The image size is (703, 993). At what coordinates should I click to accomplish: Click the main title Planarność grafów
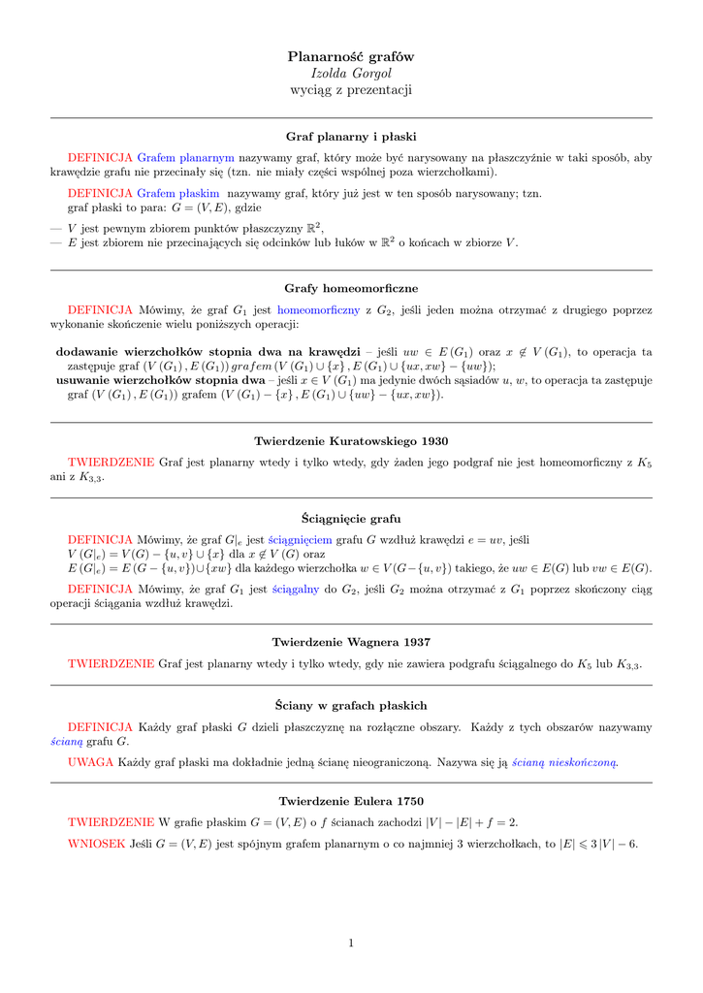[x=351, y=57]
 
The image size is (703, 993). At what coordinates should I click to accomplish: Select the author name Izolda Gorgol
[x=351, y=74]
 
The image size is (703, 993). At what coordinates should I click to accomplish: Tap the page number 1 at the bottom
[x=351, y=943]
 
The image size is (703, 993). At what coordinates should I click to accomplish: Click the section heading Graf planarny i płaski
[x=351, y=137]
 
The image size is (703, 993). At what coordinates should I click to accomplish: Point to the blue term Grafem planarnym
[x=186, y=157]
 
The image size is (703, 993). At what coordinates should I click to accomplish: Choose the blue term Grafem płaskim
[x=178, y=193]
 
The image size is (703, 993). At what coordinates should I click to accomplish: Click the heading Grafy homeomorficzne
[x=351, y=289]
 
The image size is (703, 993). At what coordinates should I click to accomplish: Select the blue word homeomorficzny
[x=319, y=309]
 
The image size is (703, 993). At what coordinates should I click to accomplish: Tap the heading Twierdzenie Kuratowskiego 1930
[x=351, y=441]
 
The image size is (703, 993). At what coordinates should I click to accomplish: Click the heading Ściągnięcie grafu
[x=351, y=519]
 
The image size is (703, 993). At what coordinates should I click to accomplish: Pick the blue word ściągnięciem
[x=300, y=539]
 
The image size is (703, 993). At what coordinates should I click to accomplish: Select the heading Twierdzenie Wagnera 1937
[x=351, y=642]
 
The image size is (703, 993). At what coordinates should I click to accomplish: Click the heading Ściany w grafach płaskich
[x=351, y=705]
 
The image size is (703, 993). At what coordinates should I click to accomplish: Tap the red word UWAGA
[x=91, y=762]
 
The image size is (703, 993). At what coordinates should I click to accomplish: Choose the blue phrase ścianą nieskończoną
[x=565, y=762]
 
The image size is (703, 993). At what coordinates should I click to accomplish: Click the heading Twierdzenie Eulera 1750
[x=351, y=801]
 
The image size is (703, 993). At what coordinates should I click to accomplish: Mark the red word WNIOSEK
[x=96, y=844]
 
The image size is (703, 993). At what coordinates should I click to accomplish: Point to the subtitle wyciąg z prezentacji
[x=351, y=90]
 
